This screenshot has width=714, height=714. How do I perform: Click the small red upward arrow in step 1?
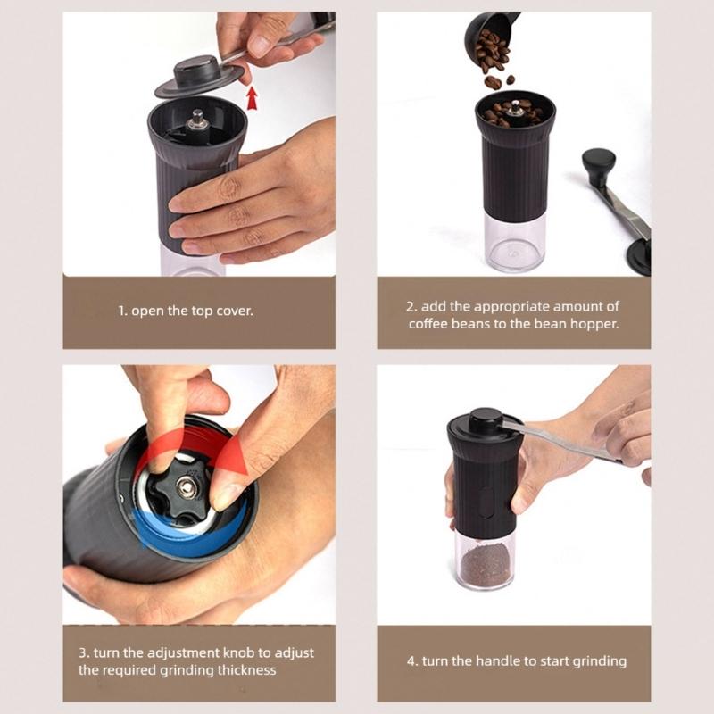pyautogui.click(x=253, y=96)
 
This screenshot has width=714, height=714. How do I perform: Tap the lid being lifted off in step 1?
pyautogui.click(x=200, y=75)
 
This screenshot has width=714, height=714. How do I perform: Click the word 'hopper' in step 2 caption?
pyautogui.click(x=595, y=324)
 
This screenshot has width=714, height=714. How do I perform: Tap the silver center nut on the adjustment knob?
pyautogui.click(x=187, y=486)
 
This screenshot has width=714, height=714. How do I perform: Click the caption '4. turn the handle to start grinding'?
pyautogui.click(x=517, y=661)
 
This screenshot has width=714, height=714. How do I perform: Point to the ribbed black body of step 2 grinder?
pyautogui.click(x=516, y=174)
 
